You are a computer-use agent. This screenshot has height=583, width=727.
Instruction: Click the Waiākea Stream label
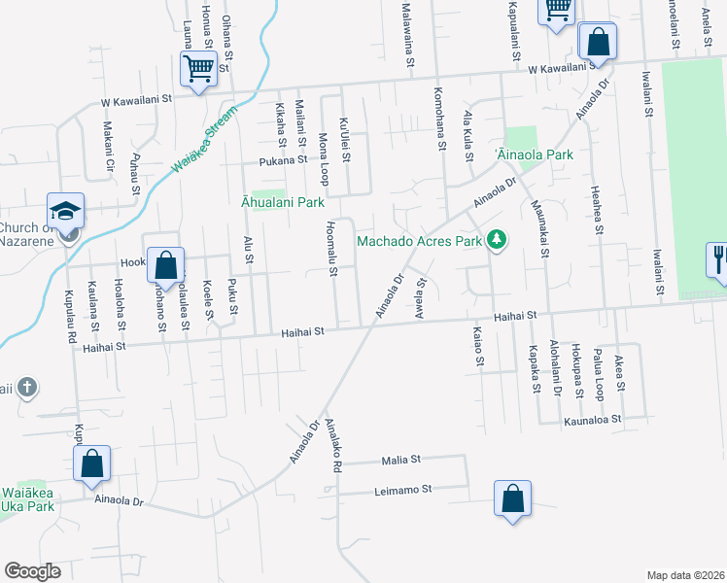point(207,139)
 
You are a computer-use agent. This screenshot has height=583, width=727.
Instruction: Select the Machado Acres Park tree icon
point(497,239)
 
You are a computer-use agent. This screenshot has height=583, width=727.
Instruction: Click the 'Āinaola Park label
point(535,154)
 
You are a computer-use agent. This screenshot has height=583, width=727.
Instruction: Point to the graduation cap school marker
point(66,210)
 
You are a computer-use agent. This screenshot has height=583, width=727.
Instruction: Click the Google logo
point(32,571)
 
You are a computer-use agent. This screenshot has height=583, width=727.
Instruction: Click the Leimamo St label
point(402,491)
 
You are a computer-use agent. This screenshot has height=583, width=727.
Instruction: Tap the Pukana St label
point(282,162)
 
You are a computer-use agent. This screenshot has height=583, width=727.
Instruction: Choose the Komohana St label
point(440,127)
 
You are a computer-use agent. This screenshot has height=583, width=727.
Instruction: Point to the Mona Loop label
point(323,154)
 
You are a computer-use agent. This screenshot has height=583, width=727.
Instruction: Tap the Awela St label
point(421,295)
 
